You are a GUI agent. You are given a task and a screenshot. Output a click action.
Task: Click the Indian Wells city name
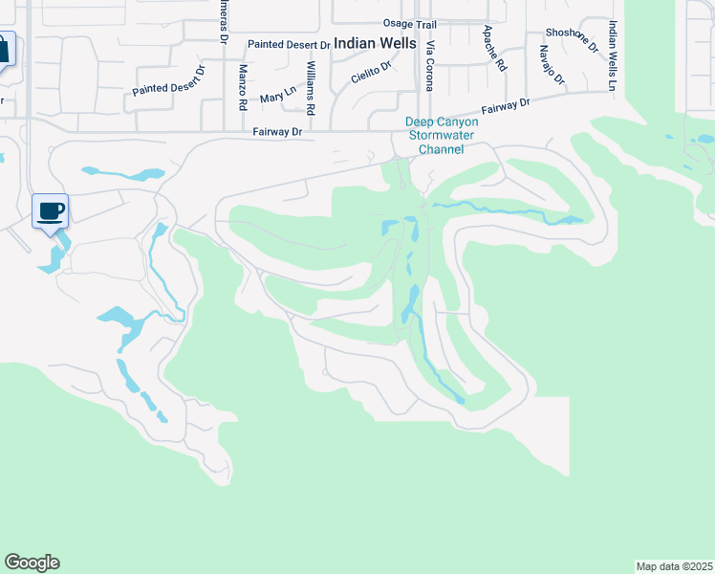(x=375, y=44)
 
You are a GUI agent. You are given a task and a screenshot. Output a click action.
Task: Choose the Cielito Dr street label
(x=372, y=73)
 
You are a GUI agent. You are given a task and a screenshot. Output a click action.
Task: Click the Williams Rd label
(x=311, y=82)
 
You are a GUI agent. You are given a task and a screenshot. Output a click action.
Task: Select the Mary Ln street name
(x=277, y=95)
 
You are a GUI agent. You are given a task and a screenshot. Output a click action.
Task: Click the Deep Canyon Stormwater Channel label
(x=435, y=136)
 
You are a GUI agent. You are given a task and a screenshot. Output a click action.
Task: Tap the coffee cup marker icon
(x=51, y=210)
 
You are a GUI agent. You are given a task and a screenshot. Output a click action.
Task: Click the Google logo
(x=32, y=563)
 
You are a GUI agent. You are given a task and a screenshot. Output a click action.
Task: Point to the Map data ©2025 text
(x=675, y=566)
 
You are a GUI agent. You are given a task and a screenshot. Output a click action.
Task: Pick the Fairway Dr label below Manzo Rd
(x=277, y=133)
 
